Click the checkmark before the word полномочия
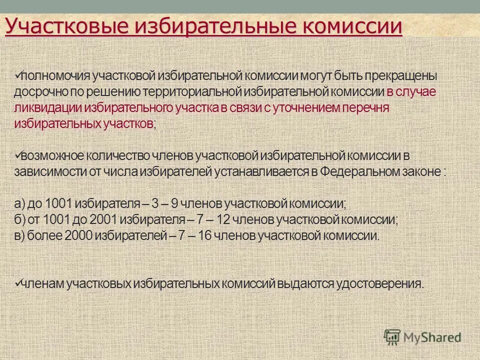point(18,75)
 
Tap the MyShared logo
point(422,337)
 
